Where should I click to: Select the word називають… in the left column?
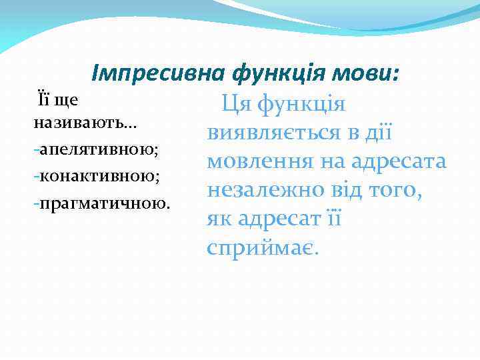[x=74, y=124]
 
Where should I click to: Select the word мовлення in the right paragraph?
[x=253, y=162]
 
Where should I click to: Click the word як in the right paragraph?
[x=218, y=219]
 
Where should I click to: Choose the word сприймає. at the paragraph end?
[x=263, y=248]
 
